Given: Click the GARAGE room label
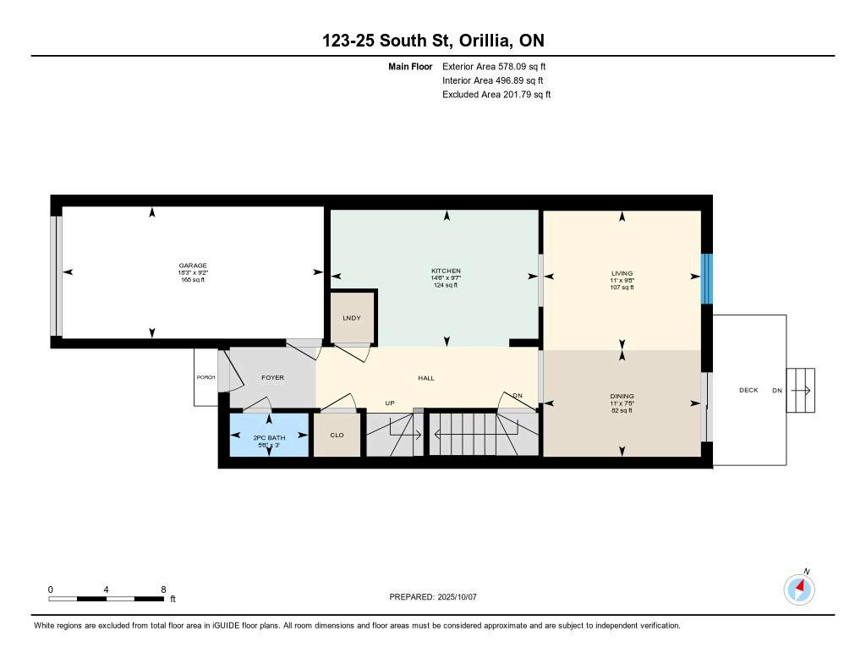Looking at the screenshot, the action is tap(193, 266).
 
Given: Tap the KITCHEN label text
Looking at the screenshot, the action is tap(446, 271).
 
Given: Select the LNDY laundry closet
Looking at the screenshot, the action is tap(352, 318).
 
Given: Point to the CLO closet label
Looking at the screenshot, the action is tap(337, 436).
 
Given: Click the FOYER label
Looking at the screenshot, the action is tap(272, 378).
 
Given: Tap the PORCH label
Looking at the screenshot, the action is tap(206, 377).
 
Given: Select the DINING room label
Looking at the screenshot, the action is tap(622, 396).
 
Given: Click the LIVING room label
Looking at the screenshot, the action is tap(622, 273).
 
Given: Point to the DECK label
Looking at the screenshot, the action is tap(748, 390).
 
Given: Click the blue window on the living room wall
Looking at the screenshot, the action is tap(707, 278).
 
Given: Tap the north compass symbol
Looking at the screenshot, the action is tap(799, 589).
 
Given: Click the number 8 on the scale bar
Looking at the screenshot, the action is tap(163, 589).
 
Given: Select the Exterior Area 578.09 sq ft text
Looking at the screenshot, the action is tap(494, 67).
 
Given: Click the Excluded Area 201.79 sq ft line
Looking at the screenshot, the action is tap(496, 95).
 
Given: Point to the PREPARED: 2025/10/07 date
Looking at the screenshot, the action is tap(433, 596).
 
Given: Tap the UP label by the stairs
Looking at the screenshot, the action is tap(390, 403).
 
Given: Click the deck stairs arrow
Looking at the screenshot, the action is tap(801, 391).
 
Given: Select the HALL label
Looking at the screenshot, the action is tap(426, 378).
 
